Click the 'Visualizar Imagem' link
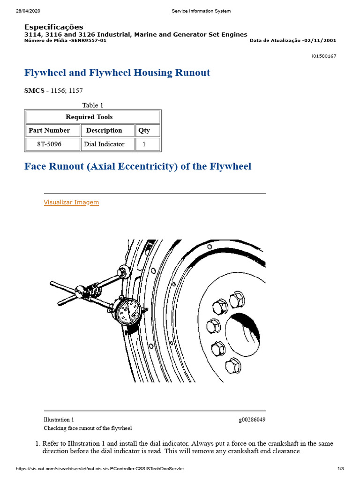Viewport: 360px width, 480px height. pos(71,202)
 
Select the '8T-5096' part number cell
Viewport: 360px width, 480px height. pos(49,144)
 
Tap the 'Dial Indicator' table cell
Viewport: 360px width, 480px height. pos(104,144)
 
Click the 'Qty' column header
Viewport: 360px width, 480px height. pos(144,130)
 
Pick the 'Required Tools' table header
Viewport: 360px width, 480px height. pos(89,117)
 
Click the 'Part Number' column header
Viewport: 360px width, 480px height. pos(49,130)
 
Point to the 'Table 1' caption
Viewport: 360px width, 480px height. pos(93,105)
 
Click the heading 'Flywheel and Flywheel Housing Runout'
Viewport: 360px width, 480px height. pos(117,73)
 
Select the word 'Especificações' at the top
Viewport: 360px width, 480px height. pos(54,27)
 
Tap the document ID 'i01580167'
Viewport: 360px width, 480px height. pos(324,56)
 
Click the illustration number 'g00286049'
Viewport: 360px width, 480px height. pos(252,420)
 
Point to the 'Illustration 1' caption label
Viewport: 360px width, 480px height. pos(59,420)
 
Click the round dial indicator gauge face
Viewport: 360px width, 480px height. pos(127,311)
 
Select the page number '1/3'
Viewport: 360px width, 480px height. pos(341,469)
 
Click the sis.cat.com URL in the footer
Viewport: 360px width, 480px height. pos(100,469)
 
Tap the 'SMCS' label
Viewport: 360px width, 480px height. pos(34,90)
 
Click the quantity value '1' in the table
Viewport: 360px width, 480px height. pos(144,144)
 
